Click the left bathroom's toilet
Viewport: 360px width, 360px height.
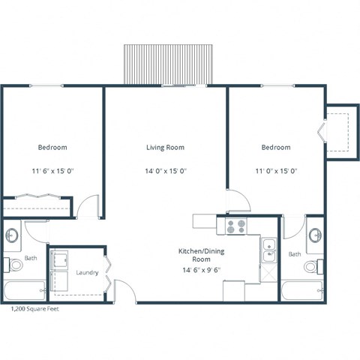click(14, 265)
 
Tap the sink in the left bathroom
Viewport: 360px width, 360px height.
click(13, 235)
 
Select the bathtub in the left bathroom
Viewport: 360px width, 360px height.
click(23, 291)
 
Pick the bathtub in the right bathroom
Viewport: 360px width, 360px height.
click(303, 291)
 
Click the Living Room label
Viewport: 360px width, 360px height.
click(165, 148)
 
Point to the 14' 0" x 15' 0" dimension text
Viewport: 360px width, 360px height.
click(165, 171)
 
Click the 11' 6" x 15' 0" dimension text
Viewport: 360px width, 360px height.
click(52, 171)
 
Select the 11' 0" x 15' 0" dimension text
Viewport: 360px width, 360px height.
click(275, 171)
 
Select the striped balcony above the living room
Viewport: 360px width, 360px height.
click(169, 64)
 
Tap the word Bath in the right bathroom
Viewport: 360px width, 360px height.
click(294, 254)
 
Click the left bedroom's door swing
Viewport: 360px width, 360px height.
click(88, 206)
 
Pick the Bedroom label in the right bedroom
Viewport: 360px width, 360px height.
click(275, 148)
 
